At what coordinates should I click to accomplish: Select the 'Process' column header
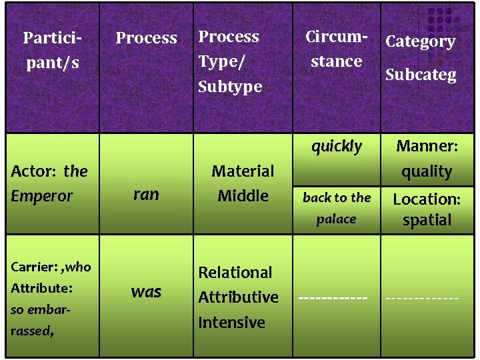(x=146, y=38)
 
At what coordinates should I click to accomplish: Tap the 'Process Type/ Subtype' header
(x=229, y=61)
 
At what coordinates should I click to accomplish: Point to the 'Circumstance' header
(x=336, y=49)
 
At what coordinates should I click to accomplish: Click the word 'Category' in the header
(x=420, y=41)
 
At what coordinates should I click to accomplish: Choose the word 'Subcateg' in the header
(x=421, y=74)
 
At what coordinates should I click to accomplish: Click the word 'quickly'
(x=337, y=146)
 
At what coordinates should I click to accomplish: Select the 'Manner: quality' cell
(x=427, y=159)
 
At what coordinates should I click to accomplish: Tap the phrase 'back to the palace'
(x=337, y=208)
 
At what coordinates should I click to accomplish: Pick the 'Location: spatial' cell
(x=427, y=209)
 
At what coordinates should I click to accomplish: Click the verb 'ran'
(x=146, y=194)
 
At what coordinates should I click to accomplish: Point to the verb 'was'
(x=146, y=291)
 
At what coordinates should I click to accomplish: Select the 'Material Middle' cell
(x=243, y=183)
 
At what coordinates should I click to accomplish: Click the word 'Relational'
(x=235, y=272)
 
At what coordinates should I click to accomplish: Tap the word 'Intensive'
(x=231, y=323)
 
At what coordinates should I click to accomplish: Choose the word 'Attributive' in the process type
(x=238, y=297)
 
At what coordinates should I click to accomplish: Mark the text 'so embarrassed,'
(x=41, y=321)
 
